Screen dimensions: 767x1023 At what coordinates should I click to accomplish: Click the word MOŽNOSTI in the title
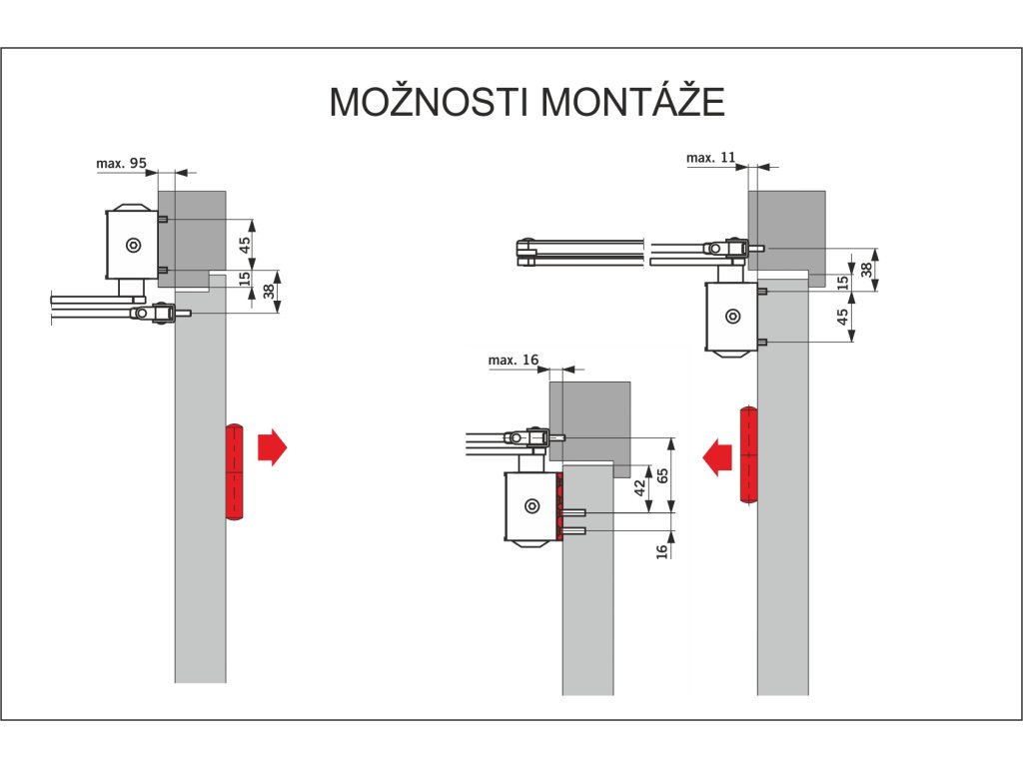point(430,102)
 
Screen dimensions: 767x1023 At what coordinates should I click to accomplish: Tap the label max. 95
point(121,162)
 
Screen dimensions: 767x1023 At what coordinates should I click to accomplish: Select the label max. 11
point(710,158)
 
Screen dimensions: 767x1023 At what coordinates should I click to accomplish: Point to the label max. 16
point(513,360)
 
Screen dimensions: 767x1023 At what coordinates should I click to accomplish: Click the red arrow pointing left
point(715,456)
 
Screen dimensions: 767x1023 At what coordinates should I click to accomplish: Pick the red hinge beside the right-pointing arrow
point(235,472)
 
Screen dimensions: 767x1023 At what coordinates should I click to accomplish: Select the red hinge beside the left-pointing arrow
point(747,454)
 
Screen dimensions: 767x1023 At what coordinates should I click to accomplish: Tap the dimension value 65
point(660,475)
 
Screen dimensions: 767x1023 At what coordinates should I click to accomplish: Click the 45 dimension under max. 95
point(245,246)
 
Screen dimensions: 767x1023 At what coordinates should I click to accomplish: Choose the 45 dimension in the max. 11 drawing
point(843,318)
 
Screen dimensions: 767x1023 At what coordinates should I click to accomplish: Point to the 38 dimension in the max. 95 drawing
point(268,292)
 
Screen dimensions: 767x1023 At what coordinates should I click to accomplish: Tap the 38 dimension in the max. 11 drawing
point(867,270)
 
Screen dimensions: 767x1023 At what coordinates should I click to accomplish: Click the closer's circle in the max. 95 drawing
point(131,246)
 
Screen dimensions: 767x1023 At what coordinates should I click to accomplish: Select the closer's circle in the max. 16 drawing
point(530,506)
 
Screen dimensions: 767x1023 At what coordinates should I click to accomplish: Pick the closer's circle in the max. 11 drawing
point(733,317)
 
